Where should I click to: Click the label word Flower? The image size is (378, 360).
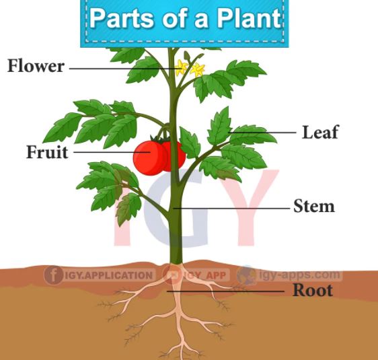coord(36,66)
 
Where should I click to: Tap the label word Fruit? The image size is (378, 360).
coord(47,152)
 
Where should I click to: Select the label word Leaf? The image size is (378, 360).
coord(320,132)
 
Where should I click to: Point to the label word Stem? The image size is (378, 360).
coord(314,206)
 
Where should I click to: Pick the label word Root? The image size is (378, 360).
coord(313,290)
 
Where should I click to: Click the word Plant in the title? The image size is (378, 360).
coord(249,19)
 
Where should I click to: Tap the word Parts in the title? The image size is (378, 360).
coord(122,19)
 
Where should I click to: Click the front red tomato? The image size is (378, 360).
coord(150,158)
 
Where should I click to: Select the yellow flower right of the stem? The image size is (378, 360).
coord(198,70)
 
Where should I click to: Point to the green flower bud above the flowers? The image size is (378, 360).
coord(187,56)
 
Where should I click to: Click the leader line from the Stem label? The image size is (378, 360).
coord(231,208)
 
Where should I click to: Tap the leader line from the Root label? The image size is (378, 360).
coord(225,291)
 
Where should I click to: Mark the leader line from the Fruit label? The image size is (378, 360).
coord(112,152)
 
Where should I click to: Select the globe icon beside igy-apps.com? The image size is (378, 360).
coord(246,275)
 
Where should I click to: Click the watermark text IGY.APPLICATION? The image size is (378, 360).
coord(108,275)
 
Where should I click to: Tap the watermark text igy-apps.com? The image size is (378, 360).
coord(299,275)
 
